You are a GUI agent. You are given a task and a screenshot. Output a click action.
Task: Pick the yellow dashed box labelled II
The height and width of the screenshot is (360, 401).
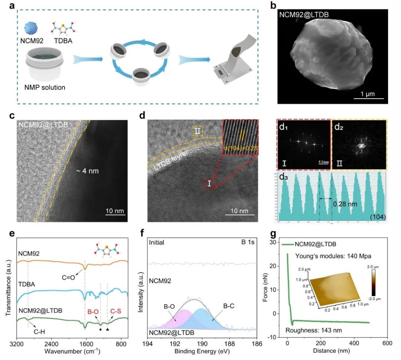[x=198, y=131]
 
